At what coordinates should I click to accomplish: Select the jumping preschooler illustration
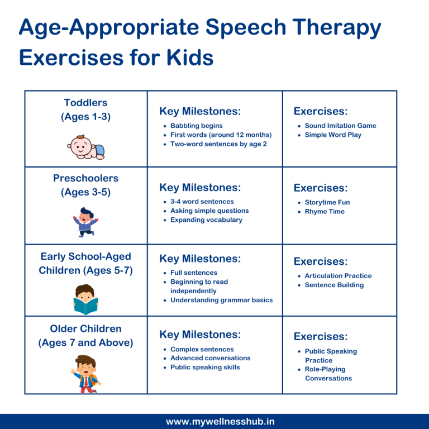point(85,222)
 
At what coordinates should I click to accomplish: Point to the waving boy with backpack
point(85,374)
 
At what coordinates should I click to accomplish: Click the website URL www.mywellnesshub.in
point(220,421)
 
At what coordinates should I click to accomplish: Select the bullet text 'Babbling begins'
point(196,126)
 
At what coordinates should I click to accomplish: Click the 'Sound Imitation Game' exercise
point(340,126)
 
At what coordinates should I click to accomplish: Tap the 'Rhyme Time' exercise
point(325,211)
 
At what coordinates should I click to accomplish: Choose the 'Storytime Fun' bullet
point(327,202)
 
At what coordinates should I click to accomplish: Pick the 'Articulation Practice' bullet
point(338,275)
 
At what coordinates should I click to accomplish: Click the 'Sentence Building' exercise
point(334,285)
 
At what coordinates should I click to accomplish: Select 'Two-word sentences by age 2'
point(218,144)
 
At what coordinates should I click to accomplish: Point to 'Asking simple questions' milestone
point(209,211)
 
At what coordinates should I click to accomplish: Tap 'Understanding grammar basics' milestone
point(221,300)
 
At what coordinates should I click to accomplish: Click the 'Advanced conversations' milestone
point(210,358)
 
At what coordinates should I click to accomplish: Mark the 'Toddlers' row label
point(85,103)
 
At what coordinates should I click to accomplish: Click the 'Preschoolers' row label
point(85,178)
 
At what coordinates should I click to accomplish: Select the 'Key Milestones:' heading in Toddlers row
point(200,111)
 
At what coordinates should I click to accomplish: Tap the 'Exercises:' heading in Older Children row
point(321,336)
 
